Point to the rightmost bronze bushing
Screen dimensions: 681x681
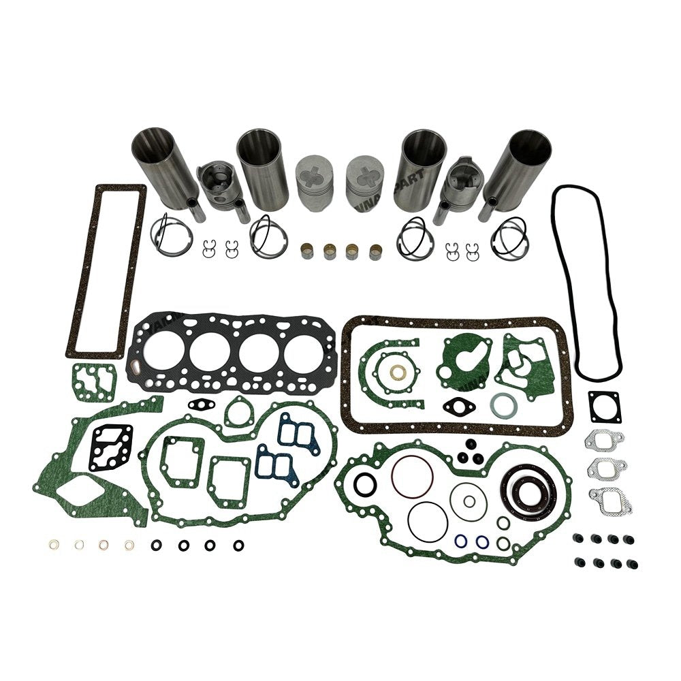pos(375,251)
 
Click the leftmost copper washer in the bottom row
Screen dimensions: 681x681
pos(54,544)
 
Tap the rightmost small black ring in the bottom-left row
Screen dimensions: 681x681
pos(238,545)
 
